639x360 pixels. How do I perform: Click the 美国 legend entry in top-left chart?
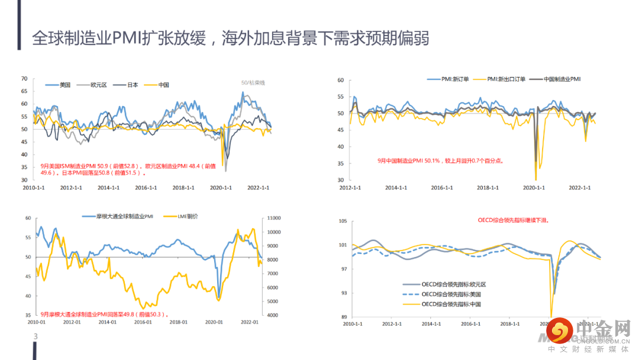click(x=64, y=85)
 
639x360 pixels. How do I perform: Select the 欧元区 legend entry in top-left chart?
click(x=98, y=85)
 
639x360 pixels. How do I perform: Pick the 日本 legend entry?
click(x=133, y=85)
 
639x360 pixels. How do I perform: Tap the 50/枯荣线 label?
click(x=253, y=83)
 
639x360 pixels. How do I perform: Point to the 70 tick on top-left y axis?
click(x=24, y=78)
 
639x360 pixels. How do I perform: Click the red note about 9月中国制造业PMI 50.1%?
click(x=440, y=160)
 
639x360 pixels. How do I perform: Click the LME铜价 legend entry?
click(x=188, y=216)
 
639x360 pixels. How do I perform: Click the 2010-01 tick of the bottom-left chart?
click(x=37, y=322)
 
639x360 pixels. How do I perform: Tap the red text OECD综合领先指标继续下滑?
click(x=513, y=220)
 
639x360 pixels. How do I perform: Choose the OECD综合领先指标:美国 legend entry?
click(x=453, y=294)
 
